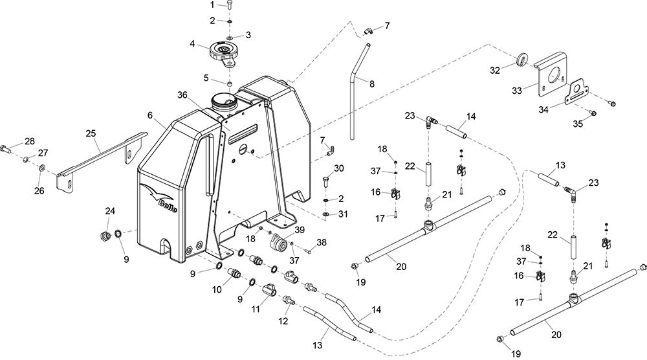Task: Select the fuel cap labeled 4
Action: pos(223,53)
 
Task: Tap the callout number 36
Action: pos(183,95)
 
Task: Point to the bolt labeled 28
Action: pos(6,148)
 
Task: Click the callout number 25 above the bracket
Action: pos(91,133)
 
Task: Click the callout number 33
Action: pos(517,91)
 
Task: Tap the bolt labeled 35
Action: pos(592,112)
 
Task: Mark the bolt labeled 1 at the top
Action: pos(230,5)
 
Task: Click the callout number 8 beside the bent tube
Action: pos(372,84)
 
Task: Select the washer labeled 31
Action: pos(326,215)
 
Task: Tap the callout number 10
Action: pos(217,289)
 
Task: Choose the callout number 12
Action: pos(283,321)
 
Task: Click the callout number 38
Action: pos(322,242)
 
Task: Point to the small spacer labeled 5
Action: pos(230,84)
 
